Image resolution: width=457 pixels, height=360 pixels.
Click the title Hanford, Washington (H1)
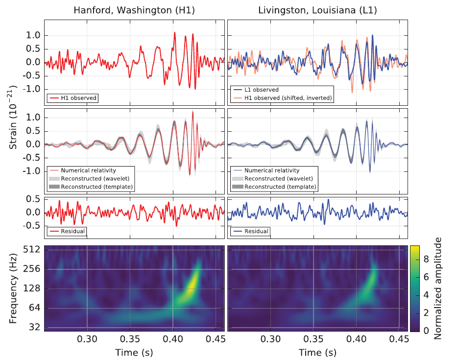pos(134,10)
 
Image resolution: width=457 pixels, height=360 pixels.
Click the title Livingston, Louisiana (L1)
pos(318,10)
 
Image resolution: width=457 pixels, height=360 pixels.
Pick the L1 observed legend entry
pos(262,90)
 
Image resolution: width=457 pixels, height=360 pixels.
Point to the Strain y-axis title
pos(13,118)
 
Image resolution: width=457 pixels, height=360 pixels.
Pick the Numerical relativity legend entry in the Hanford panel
pos(89,170)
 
